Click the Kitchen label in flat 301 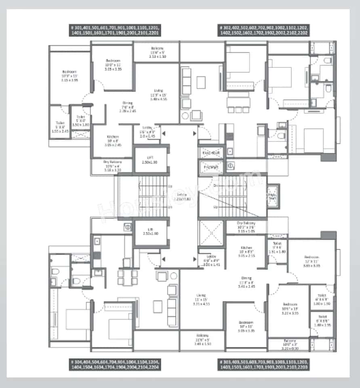click(113, 137)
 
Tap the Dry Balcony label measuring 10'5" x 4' click(113, 162)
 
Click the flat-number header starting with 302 click(264, 31)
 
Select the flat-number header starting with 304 click(115, 365)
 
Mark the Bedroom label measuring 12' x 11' click(312, 257)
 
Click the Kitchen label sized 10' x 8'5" click(246, 248)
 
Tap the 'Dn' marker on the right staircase click(216, 186)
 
